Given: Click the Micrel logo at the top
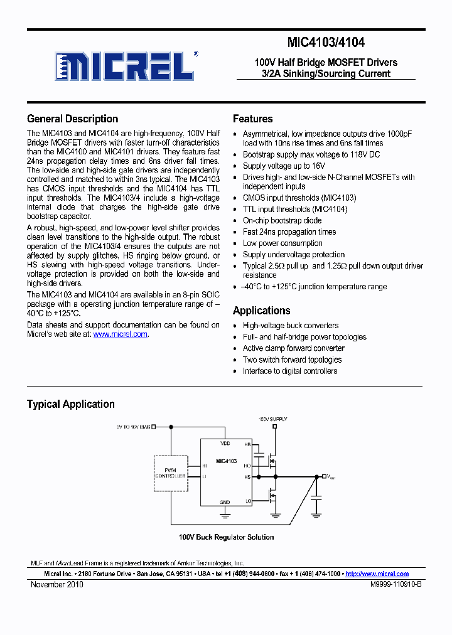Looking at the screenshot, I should pyautogui.click(x=125, y=65).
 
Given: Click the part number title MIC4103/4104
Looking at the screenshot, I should pyautogui.click(x=326, y=43).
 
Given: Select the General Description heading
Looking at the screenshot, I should pyautogui.click(x=72, y=119).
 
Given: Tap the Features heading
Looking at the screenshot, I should pyautogui.click(x=252, y=119).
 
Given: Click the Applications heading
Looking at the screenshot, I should pyautogui.click(x=261, y=311).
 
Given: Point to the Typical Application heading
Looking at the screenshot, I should pyautogui.click(x=70, y=404).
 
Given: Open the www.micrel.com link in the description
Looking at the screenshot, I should pyautogui.click(x=121, y=334).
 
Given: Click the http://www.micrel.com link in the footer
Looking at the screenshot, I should pyautogui.click(x=377, y=574).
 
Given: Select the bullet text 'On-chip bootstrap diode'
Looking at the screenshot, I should pyautogui.click(x=282, y=220).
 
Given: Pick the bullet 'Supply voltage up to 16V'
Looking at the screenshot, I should pyautogui.click(x=284, y=166).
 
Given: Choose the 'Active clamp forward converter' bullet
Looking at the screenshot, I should pyautogui.click(x=293, y=348).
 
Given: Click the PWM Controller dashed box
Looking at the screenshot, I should pyautogui.click(x=170, y=472).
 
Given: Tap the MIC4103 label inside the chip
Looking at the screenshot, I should pyautogui.click(x=226, y=461).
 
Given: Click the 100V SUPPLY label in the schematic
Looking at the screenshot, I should pyautogui.click(x=273, y=419).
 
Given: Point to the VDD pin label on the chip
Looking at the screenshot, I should pyautogui.click(x=225, y=443).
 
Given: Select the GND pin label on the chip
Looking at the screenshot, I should pyautogui.click(x=225, y=502).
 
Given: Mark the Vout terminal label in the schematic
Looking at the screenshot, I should pyautogui.click(x=331, y=478).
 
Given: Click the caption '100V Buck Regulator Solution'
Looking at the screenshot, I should pyautogui.click(x=226, y=537).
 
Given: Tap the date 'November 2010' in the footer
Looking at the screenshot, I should pyautogui.click(x=56, y=584).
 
